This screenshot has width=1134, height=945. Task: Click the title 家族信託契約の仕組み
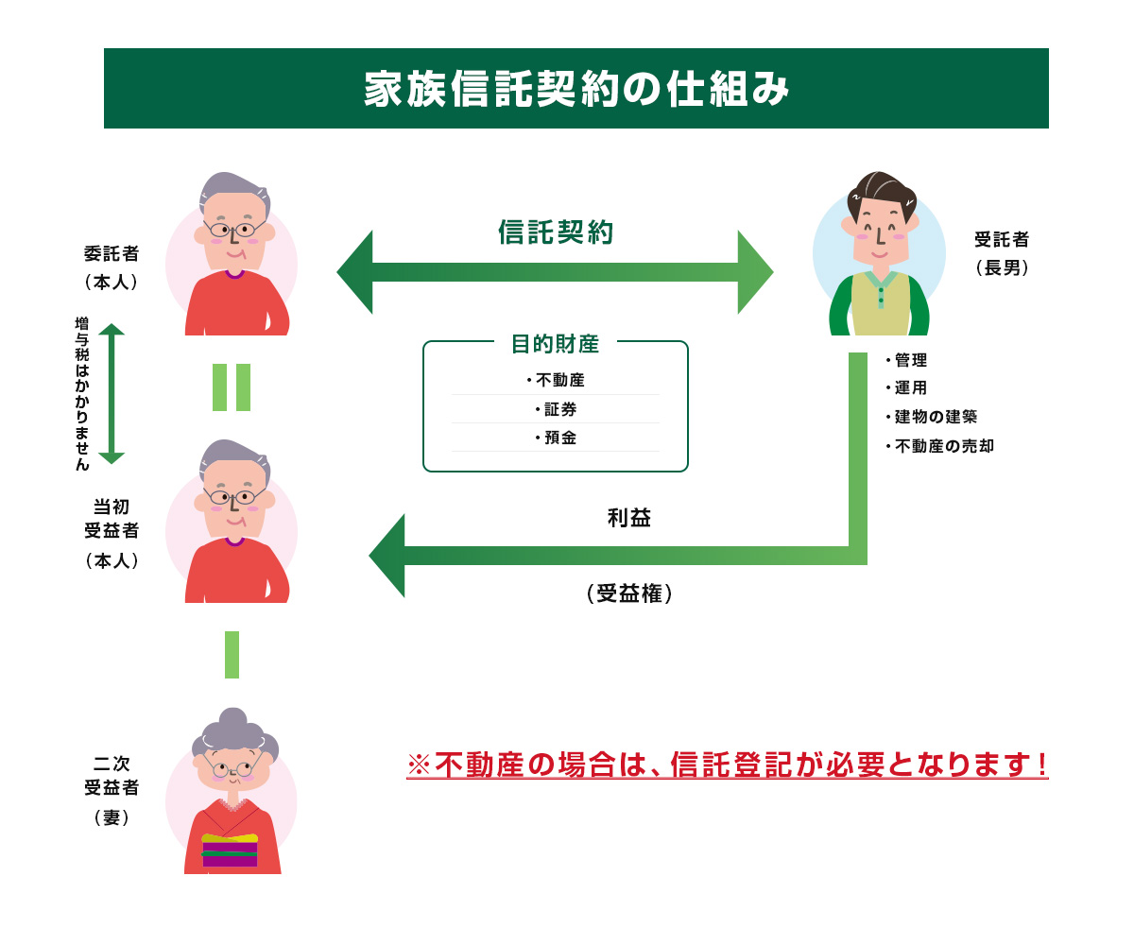(576, 89)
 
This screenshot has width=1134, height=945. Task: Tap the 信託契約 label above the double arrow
(556, 232)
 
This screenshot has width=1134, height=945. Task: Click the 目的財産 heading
(555, 344)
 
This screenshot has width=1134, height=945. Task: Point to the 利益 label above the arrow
(629, 518)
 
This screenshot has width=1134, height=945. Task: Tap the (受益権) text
(629, 593)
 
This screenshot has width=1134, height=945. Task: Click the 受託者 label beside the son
(1002, 239)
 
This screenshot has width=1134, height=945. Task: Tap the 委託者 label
(112, 253)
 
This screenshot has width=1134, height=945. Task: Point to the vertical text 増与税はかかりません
(82, 393)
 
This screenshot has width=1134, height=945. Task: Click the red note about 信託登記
(728, 765)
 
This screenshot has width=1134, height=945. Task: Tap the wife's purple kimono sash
(230, 850)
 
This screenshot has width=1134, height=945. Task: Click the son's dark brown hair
(881, 195)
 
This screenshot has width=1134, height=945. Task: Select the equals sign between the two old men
(232, 387)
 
